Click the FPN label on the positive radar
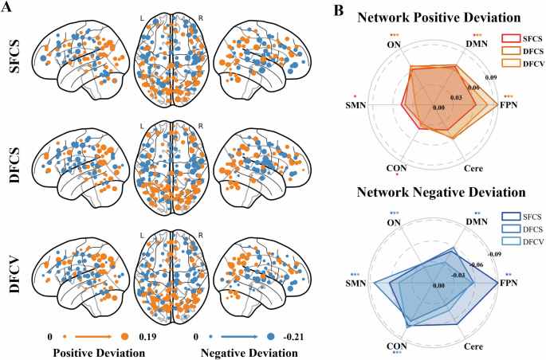(x=508, y=105)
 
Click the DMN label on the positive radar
(x=477, y=47)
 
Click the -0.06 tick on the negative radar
(x=478, y=264)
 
